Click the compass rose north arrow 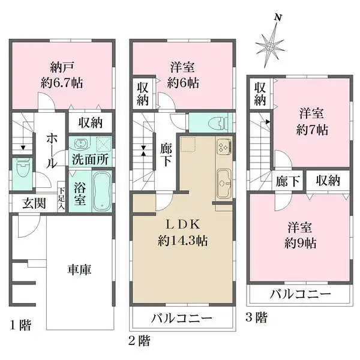[273, 43]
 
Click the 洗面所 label [90, 160]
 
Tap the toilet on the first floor [22, 169]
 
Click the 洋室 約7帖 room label [313, 121]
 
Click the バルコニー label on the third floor [299, 295]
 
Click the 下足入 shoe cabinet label [61, 199]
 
